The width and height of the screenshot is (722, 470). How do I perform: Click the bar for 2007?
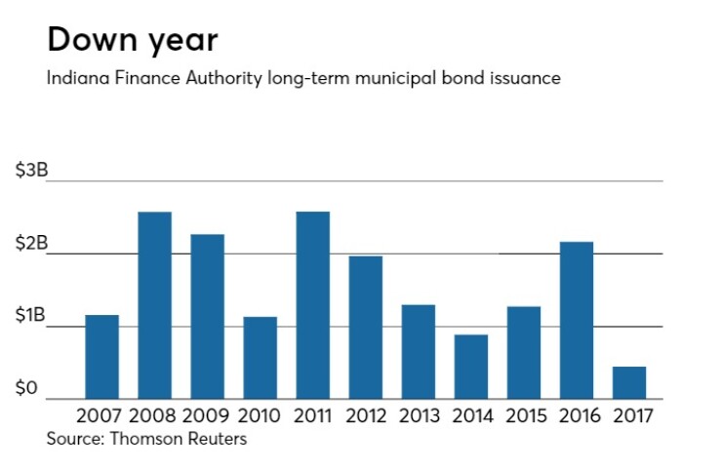coord(102,357)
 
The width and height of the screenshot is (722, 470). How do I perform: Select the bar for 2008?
coord(155,305)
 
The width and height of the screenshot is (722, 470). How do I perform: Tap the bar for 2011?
coord(313,305)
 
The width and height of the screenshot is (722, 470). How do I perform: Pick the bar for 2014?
coord(471,367)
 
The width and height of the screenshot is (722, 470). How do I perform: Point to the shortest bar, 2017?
coord(629,382)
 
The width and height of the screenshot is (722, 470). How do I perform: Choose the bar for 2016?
coord(577,320)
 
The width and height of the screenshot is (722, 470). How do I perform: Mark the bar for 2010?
coord(261,358)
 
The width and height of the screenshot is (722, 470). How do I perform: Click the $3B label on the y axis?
coord(30,171)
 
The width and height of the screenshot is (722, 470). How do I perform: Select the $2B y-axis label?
coord(30,244)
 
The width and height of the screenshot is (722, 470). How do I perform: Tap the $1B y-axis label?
coord(30,316)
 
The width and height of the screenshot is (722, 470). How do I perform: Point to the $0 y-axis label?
coord(26,389)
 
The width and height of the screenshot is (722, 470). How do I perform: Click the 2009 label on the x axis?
coord(208,415)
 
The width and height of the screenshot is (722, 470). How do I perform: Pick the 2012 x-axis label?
coord(366,415)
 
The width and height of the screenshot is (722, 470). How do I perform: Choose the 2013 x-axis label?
coord(419,415)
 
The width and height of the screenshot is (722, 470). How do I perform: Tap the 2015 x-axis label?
coord(524,415)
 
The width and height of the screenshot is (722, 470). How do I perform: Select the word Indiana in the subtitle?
coord(75,78)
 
